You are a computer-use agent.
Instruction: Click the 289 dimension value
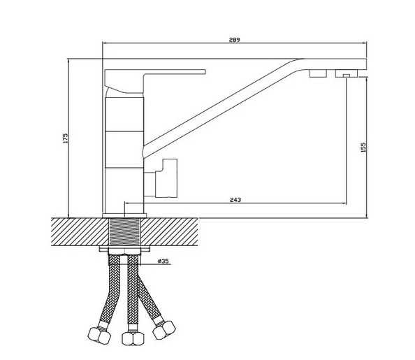point(234,40)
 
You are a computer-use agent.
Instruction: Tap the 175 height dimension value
point(66,138)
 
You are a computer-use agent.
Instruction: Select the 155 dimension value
point(363,147)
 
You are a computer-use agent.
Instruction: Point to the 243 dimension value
point(235,200)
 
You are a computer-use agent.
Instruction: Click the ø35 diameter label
point(163,261)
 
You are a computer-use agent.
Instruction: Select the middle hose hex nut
point(133,338)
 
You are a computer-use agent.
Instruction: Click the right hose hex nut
point(164,330)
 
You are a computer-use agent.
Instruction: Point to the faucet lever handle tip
point(205,72)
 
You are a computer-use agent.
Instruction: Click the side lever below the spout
point(166,178)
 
